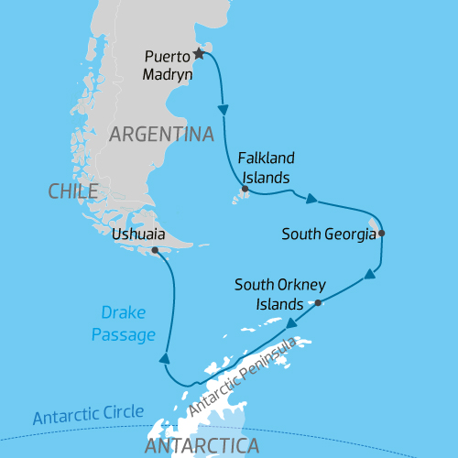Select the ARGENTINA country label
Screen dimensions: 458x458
(x=161, y=134)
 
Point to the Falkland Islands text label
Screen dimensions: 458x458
(x=265, y=167)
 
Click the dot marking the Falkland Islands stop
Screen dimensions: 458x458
(x=245, y=191)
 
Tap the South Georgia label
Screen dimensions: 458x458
(x=329, y=234)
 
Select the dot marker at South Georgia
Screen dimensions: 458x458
(x=381, y=234)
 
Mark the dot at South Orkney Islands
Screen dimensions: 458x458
(x=317, y=302)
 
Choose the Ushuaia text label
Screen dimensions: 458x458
(x=137, y=234)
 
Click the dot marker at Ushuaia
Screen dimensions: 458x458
(x=155, y=250)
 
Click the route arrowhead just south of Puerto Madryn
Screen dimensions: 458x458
(x=223, y=110)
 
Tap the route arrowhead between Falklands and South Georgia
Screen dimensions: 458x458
(x=312, y=198)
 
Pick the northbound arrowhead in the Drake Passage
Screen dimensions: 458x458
(x=165, y=359)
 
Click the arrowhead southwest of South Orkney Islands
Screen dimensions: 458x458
(x=291, y=322)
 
